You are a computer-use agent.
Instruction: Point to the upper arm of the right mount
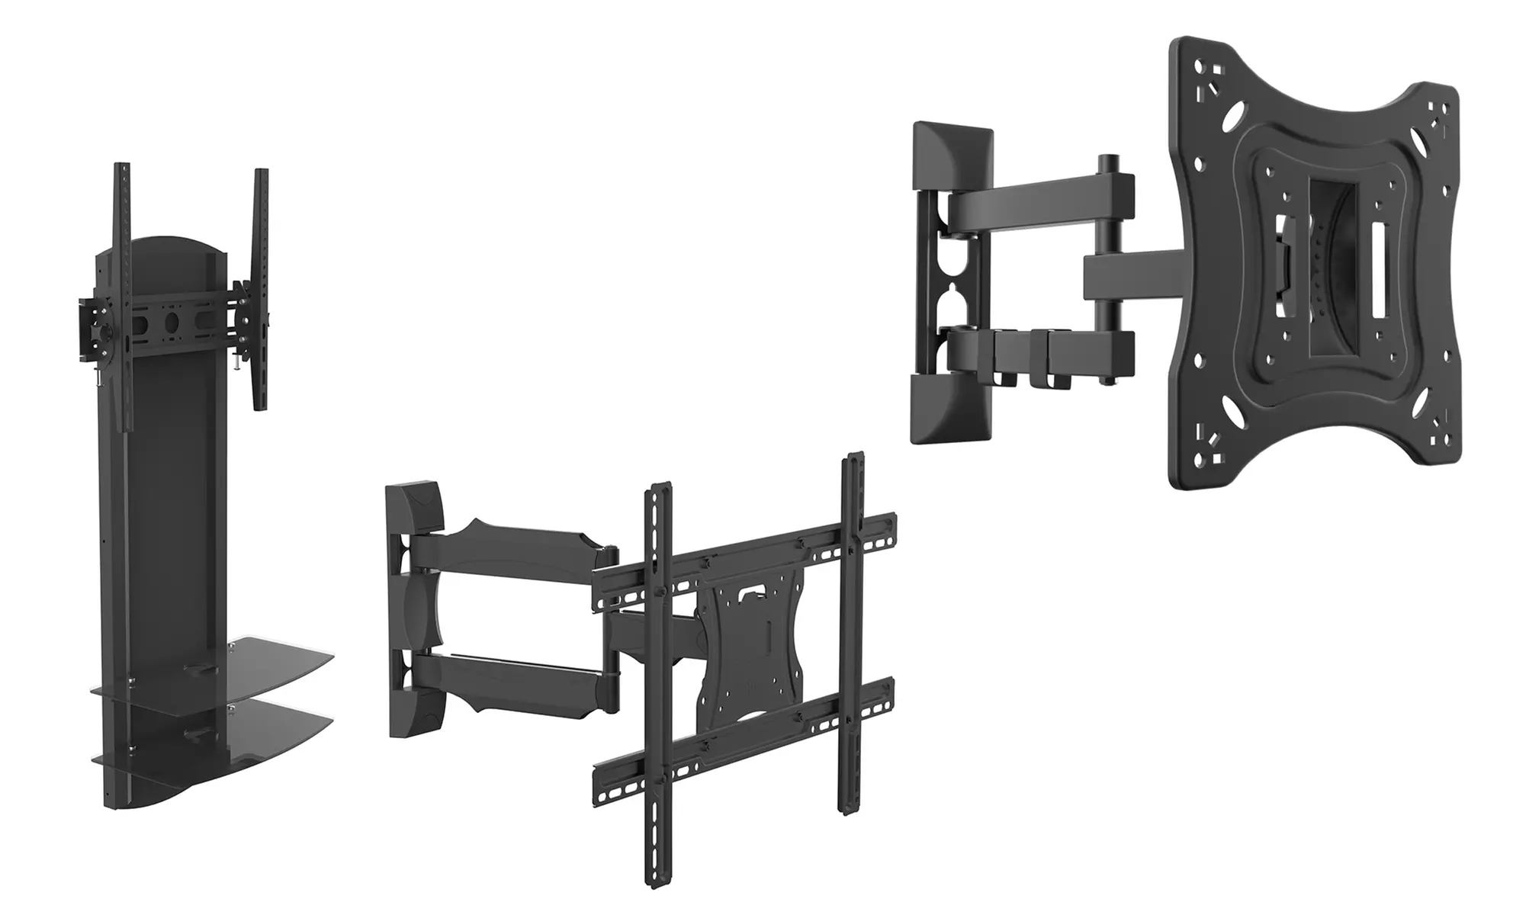[1037, 200]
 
